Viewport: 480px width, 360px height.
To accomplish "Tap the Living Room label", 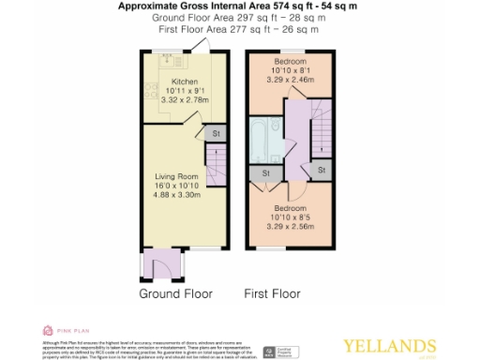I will [177, 173].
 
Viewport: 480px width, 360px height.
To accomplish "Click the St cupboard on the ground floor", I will [215, 133].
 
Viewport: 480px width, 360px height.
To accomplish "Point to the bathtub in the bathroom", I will [260, 141].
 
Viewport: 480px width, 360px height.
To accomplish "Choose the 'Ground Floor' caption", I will [176, 294].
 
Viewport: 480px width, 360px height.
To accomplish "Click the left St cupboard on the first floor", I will [266, 172].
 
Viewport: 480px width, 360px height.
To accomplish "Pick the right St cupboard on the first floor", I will [321, 170].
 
